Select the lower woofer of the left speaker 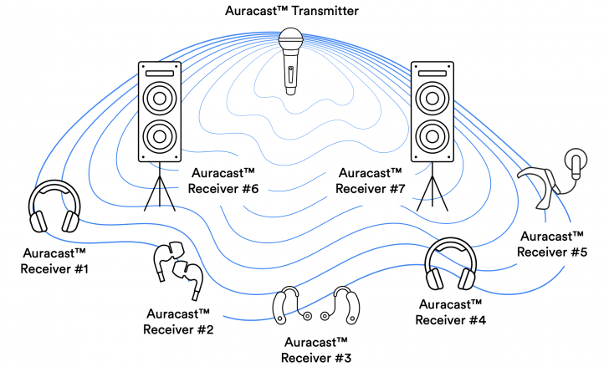point(159,135)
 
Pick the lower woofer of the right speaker point(432,135)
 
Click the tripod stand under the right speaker point(432,187)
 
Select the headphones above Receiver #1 point(54,210)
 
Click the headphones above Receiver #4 point(452,266)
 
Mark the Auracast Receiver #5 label point(552,243)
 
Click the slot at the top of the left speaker point(159,74)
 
